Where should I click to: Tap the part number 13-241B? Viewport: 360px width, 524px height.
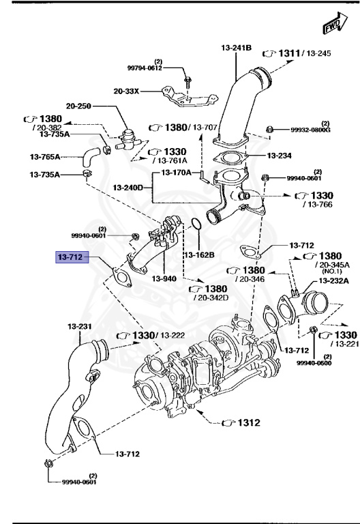point(236,48)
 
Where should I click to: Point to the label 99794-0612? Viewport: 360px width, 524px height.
point(145,68)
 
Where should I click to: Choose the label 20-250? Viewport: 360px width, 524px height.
point(79,106)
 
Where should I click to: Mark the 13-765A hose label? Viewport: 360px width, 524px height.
point(46,156)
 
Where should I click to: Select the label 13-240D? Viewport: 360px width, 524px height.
point(128,187)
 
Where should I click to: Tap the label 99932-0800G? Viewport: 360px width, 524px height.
point(310,130)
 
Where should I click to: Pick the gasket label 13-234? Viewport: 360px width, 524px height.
point(279,156)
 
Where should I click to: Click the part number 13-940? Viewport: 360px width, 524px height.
point(164,278)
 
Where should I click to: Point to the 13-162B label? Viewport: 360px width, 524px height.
point(199,254)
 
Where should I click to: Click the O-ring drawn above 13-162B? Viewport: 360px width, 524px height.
point(194,224)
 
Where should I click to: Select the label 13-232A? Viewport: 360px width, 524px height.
point(333,280)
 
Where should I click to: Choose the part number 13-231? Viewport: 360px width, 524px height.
point(79,326)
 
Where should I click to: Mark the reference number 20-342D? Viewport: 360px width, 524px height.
point(211,297)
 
